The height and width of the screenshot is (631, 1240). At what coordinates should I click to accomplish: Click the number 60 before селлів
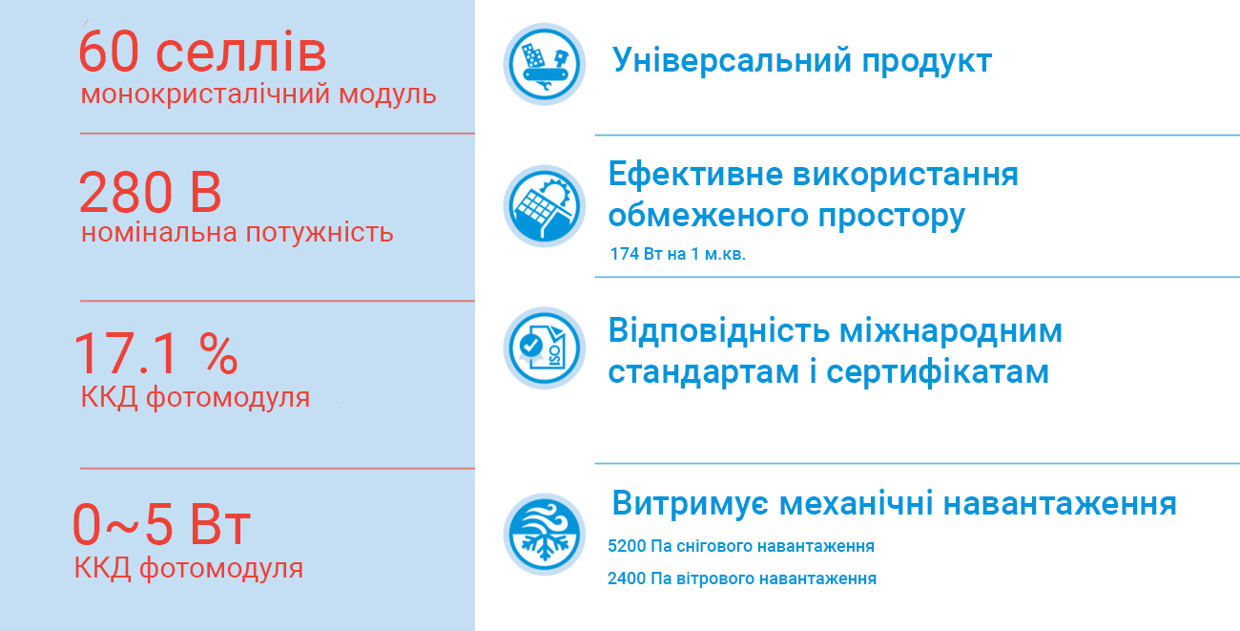coord(108,53)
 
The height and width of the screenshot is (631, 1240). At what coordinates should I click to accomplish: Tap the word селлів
coord(241,53)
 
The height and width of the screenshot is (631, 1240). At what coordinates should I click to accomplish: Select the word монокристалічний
coord(205,95)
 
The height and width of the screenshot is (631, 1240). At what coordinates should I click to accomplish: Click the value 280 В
coord(150,192)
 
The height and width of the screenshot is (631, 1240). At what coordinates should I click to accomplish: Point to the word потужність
coord(320,233)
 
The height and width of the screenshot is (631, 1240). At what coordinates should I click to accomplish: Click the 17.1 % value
coord(155,353)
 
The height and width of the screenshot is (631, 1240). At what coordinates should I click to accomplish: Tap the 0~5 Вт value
coord(161,524)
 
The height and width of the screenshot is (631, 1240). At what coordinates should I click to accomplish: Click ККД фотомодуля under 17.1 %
coord(196,398)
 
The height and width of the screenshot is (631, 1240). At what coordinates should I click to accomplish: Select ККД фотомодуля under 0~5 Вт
coord(189,568)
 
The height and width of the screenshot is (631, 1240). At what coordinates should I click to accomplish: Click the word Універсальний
coord(732,60)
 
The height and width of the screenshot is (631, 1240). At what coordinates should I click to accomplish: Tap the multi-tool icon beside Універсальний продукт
coord(544,64)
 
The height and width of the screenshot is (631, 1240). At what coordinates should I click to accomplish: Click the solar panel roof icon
coord(544,206)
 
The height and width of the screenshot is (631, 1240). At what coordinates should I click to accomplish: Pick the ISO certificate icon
coord(544,347)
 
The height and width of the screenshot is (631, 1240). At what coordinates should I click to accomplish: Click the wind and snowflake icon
coord(544,535)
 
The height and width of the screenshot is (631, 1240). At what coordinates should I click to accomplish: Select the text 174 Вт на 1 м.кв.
coord(677,254)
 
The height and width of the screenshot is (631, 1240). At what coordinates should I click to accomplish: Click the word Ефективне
coord(696,175)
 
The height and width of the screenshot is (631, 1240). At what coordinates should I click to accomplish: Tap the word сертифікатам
coord(938,371)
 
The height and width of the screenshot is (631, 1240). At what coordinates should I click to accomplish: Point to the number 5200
coord(627,546)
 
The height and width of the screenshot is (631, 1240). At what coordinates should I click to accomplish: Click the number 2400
coord(627,578)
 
